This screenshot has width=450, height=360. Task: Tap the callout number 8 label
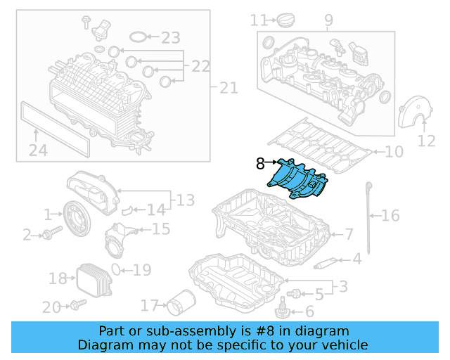click(259, 163)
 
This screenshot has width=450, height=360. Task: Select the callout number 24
click(38, 150)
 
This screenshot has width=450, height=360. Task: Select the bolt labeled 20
click(77, 304)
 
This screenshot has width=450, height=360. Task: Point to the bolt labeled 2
click(49, 233)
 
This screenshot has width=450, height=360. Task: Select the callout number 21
click(229, 88)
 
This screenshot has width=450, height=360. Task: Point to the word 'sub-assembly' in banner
click(174, 330)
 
